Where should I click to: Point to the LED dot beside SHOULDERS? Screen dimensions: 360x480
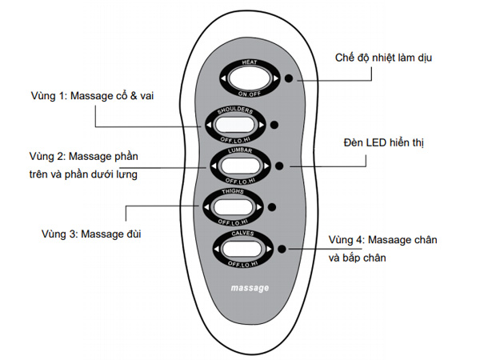(x=274, y=125)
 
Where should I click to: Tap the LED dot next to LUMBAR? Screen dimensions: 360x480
(x=279, y=166)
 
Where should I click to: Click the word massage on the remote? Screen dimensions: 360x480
(x=250, y=286)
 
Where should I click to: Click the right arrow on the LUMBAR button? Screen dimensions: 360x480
(x=265, y=166)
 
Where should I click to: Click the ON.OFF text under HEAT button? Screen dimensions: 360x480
(x=251, y=94)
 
